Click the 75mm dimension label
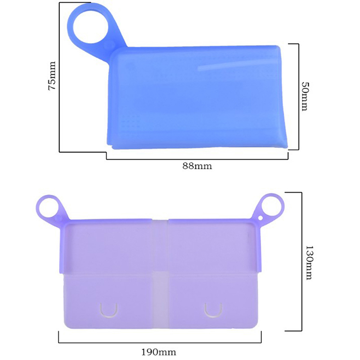52,76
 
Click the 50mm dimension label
306,96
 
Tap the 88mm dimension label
197,166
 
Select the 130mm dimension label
309,262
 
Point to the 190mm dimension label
159,352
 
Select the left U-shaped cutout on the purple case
109,310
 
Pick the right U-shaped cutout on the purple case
213,310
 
